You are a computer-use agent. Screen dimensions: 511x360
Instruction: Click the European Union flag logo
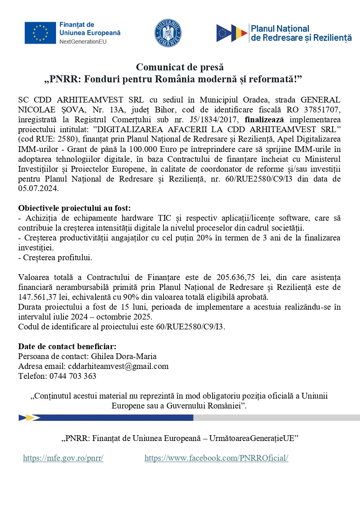(40, 33)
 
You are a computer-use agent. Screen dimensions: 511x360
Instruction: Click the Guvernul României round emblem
(168, 33)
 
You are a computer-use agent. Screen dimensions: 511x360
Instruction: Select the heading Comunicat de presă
(180, 67)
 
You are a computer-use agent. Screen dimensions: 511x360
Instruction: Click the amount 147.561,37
(42, 297)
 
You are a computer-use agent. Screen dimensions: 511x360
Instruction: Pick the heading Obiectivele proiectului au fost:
(74, 208)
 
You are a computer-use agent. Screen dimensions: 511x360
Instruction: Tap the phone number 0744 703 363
(72, 376)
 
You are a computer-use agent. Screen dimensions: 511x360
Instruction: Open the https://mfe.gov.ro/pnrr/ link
(63, 458)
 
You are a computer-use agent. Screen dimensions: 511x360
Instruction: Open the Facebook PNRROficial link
(216, 458)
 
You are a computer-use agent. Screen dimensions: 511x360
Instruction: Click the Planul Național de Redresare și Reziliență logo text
(301, 33)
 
